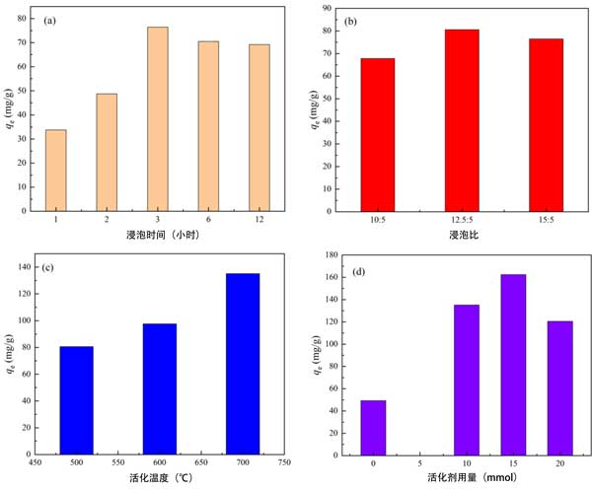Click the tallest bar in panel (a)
click(158, 118)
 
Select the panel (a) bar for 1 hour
click(56, 170)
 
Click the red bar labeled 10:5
click(377, 134)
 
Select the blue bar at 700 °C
click(243, 363)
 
